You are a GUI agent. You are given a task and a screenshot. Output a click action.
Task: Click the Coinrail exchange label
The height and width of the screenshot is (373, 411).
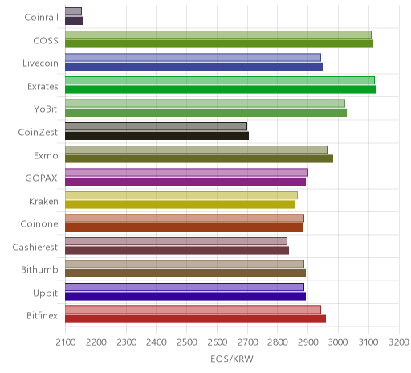click(x=41, y=18)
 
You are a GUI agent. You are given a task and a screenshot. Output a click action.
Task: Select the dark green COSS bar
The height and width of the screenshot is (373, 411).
click(x=219, y=43)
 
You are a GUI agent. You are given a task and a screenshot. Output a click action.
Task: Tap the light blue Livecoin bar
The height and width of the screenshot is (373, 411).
click(x=193, y=57)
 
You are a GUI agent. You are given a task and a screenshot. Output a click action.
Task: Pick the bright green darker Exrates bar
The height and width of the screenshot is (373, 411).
click(x=221, y=89)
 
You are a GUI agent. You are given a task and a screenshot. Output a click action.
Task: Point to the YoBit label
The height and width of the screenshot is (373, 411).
click(x=46, y=109)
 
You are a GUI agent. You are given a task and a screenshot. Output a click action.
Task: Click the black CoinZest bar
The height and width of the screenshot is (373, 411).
click(x=157, y=136)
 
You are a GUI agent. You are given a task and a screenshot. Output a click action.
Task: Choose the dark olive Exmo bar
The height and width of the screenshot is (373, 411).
click(x=199, y=158)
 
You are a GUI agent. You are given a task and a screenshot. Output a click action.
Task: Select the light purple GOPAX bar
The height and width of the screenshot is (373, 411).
click(x=186, y=172)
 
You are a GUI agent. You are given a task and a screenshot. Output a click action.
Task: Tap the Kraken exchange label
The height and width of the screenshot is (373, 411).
click(x=43, y=201)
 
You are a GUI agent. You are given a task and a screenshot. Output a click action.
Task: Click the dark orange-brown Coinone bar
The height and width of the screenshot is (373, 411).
click(x=184, y=227)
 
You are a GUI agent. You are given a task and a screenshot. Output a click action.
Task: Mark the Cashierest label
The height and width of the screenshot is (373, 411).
click(x=35, y=247)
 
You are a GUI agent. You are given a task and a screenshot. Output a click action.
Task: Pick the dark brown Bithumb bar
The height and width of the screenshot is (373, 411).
click(x=185, y=273)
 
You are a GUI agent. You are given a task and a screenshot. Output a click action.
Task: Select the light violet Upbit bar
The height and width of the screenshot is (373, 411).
click(x=185, y=287)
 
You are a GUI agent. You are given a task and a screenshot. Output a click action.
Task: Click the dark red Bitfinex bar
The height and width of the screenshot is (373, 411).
click(x=195, y=319)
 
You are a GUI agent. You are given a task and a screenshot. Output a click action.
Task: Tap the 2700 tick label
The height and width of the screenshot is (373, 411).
click(x=248, y=342)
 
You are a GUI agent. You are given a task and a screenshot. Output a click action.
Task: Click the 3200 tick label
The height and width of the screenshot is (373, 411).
click(x=399, y=342)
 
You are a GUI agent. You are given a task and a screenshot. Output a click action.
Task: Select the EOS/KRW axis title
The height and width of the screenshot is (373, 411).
click(x=232, y=359)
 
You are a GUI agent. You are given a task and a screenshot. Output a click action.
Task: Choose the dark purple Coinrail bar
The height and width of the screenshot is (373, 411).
click(x=74, y=21)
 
